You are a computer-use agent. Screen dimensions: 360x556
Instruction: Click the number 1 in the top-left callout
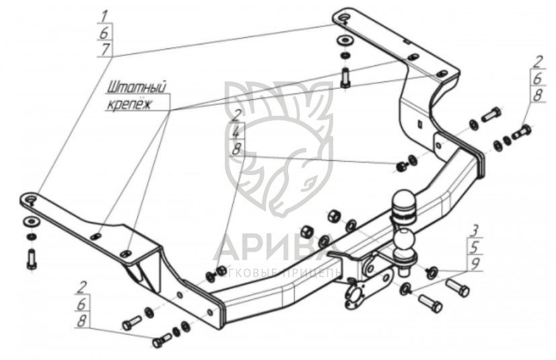104,15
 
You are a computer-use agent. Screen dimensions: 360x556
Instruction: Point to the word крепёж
129,104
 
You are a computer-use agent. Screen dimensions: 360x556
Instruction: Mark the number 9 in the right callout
475,264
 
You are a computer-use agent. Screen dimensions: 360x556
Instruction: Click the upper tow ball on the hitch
405,201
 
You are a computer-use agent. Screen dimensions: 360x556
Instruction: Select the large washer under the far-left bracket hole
30,222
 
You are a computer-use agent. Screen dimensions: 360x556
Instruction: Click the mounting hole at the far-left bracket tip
30,199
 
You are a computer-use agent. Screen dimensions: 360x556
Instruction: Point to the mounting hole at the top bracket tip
343,17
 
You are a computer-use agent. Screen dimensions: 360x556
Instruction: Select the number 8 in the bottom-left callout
82,321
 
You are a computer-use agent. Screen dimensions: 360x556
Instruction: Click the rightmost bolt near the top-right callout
522,132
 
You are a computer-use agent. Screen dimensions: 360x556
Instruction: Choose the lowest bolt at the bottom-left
161,341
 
